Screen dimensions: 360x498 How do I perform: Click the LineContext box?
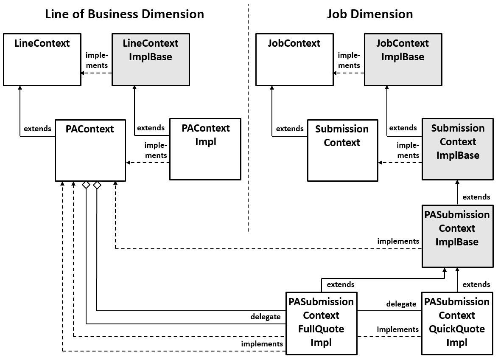[x=42, y=60]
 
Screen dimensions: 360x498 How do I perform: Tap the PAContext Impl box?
[x=205, y=149]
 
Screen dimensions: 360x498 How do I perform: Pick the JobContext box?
[x=294, y=60]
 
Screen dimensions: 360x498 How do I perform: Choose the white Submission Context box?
[x=342, y=150]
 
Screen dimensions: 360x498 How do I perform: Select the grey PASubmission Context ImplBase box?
[x=457, y=236]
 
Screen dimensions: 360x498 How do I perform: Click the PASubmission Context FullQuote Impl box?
[x=321, y=323]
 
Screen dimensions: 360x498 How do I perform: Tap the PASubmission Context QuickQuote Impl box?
[x=457, y=323]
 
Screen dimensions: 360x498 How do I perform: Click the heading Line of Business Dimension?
[x=125, y=14]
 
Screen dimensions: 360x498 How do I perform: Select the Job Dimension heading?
[x=370, y=14]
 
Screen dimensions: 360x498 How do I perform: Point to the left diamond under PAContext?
[x=86, y=185]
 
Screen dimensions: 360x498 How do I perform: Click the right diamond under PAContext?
[x=97, y=185]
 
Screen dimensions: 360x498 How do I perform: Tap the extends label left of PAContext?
[x=37, y=128]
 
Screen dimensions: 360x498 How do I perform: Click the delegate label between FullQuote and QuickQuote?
[x=401, y=304]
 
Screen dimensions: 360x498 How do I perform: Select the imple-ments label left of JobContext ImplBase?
[x=349, y=60]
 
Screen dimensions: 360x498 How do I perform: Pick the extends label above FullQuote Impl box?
[x=341, y=284]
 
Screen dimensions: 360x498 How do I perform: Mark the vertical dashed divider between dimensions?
[x=248, y=119]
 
